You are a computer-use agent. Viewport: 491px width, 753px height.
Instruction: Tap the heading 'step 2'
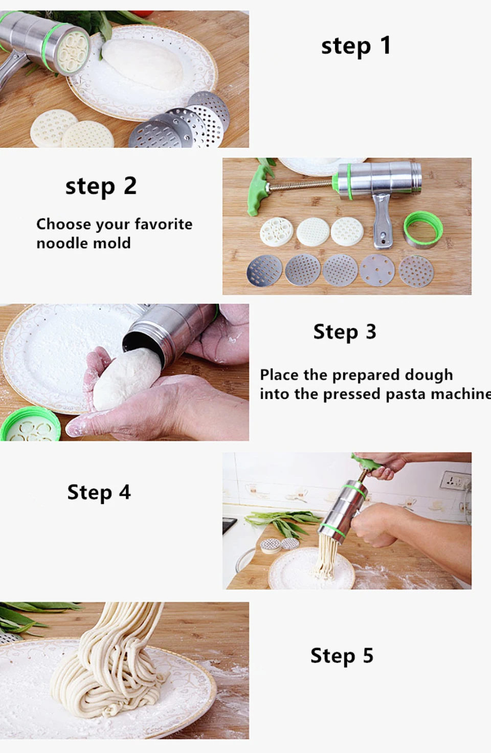coord(101,186)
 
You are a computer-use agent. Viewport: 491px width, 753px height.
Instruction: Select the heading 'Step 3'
coord(345,332)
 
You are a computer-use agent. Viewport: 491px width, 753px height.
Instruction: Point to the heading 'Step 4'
coord(99,492)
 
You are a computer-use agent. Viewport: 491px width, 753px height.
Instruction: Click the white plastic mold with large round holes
coord(276,232)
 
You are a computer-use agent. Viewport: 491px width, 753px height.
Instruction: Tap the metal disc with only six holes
coord(377,270)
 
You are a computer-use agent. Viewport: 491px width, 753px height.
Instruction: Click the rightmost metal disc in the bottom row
coord(416,271)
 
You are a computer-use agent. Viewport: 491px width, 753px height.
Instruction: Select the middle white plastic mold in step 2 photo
coord(313,232)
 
